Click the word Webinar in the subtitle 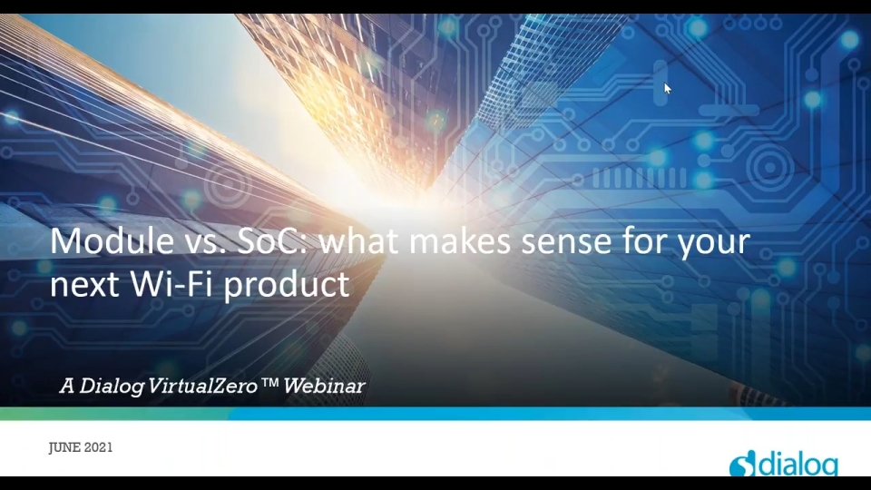(x=324, y=386)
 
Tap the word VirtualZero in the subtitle (x=201, y=386)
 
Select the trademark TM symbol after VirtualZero (x=269, y=383)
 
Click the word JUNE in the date (x=66, y=448)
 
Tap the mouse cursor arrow (x=667, y=88)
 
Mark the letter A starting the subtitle (x=66, y=386)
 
